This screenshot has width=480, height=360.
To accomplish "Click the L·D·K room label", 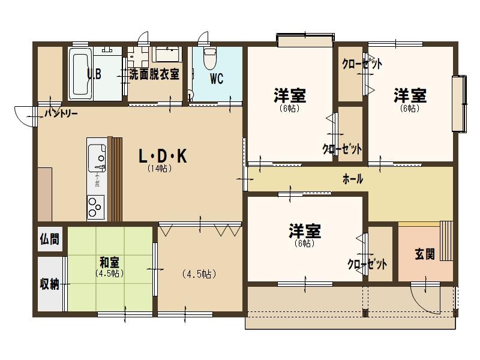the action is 163,156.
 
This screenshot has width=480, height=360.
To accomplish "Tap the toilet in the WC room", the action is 210,58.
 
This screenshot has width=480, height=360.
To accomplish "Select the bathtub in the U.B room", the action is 80,73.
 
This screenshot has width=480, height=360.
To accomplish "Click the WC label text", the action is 217,79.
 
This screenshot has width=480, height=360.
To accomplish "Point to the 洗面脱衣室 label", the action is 154,74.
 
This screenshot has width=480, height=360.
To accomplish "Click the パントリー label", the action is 61,114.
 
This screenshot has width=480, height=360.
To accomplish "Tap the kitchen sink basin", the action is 97,158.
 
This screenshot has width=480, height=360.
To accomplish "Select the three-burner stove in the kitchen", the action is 95,206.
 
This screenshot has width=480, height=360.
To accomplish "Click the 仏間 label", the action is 49,239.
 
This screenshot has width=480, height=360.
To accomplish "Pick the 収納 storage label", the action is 49,284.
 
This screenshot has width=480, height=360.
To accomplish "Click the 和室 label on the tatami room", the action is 109,262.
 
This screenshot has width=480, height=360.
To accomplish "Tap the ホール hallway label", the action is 353,179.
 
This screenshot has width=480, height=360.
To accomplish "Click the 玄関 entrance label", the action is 425,254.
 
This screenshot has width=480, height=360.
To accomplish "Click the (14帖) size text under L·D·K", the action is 159,169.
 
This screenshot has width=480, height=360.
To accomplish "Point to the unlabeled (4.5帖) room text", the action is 199,274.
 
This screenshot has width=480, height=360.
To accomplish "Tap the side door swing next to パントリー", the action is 24,116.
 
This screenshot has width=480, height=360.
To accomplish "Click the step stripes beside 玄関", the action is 446,241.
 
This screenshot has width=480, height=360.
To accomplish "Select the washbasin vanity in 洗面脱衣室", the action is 167,55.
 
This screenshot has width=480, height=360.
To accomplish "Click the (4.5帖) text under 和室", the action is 109,273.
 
